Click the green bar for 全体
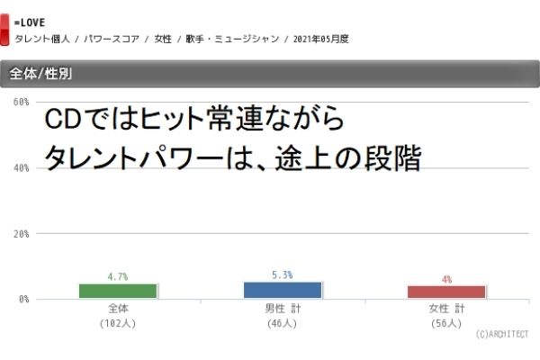coord(118,291)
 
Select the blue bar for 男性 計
coord(283,290)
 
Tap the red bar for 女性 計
coord(446,292)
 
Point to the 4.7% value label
coord(118,276)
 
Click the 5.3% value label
coord(283,274)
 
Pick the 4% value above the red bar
coord(446,279)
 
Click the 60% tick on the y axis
coord(20,103)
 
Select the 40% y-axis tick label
coord(20,168)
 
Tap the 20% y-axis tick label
coord(20,234)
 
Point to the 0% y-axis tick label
coord(22,299)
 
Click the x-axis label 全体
coord(118,309)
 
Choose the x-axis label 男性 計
coord(283,309)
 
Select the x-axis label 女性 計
coord(446,309)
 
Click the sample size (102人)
coord(118,322)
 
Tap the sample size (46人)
coord(283,322)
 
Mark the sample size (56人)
coord(446,322)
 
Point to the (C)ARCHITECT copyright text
coord(501,334)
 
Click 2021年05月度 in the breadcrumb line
coord(320,39)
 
